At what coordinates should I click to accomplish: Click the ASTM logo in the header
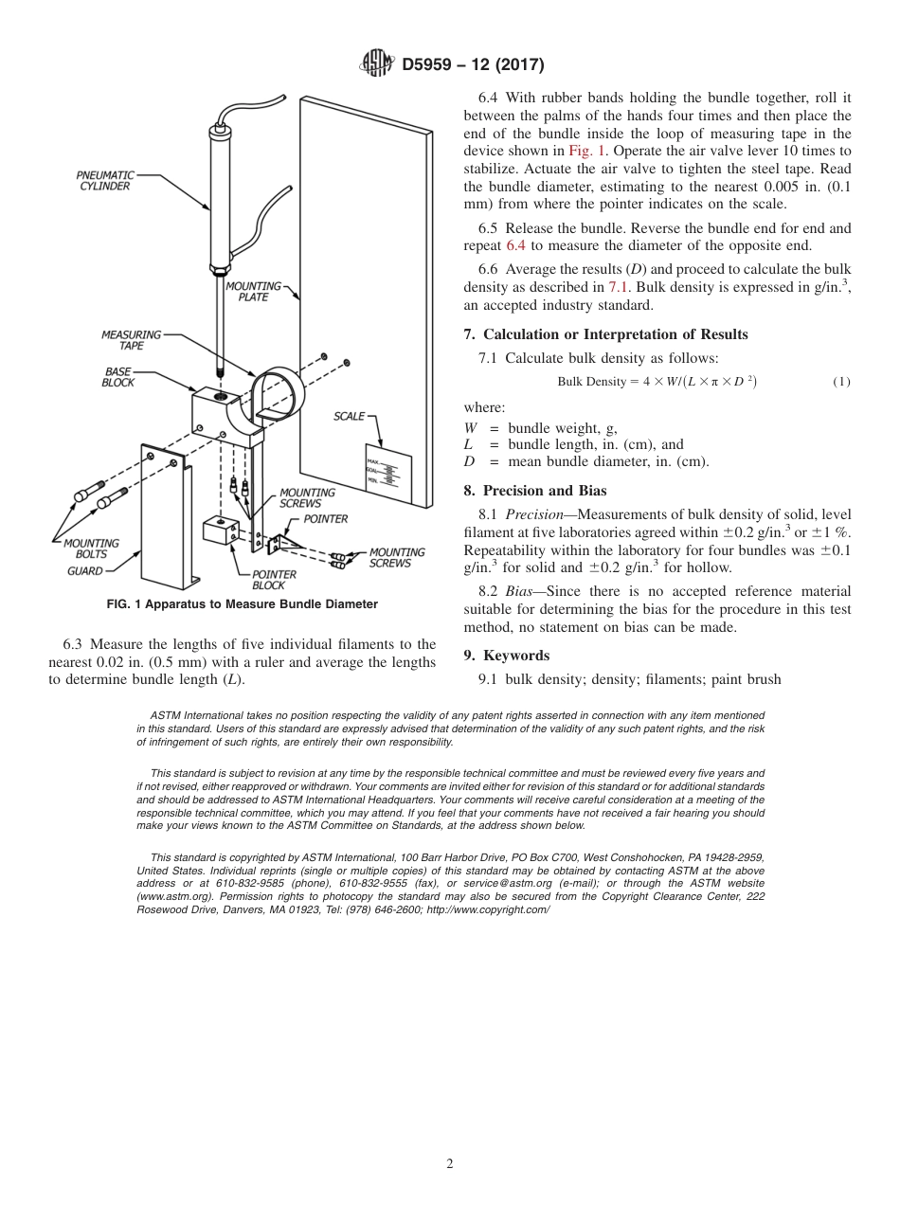coord(379,64)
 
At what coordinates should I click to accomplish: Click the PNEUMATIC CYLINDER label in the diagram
coord(104,181)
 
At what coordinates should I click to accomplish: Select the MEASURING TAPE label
coord(131,340)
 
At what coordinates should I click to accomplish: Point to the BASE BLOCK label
coord(118,377)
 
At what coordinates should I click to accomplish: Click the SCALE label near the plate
coord(349,417)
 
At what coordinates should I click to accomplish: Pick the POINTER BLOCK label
coord(274,580)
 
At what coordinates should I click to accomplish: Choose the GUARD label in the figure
coord(84,571)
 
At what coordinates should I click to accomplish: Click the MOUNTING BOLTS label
coord(91,549)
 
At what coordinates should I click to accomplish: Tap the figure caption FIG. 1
coord(242,604)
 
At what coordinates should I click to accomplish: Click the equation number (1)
coord(841,382)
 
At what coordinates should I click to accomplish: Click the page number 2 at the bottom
coord(450,1164)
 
